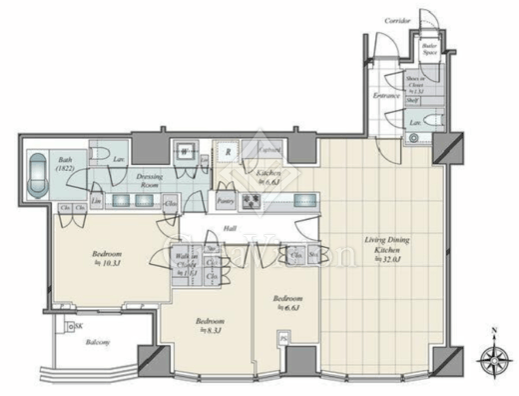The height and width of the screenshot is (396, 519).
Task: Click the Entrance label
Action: point(387,96)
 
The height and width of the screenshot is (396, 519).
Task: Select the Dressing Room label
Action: point(150,179)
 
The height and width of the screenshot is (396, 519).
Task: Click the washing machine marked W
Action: point(185,152)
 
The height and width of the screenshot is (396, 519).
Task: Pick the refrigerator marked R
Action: point(229,153)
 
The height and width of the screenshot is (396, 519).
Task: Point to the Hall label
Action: point(229,229)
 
